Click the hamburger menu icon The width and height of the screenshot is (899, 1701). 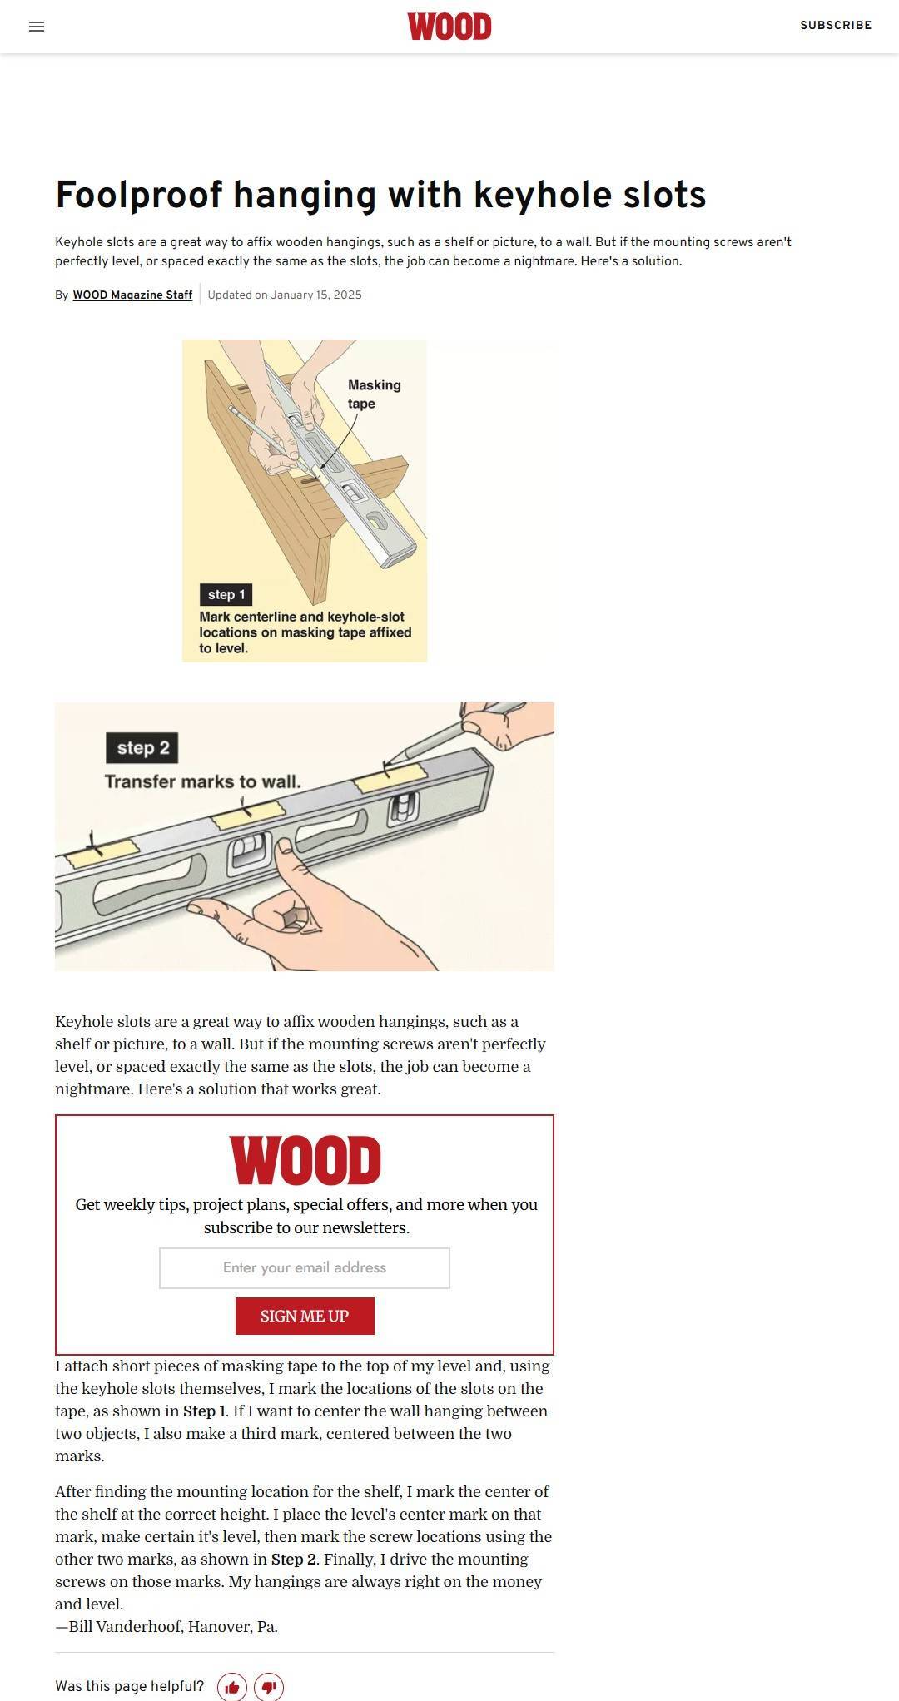[x=37, y=27]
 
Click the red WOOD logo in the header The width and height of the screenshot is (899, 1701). [x=449, y=27]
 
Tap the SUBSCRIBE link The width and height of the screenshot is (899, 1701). [x=836, y=26]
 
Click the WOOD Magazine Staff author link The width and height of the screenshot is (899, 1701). [x=132, y=295]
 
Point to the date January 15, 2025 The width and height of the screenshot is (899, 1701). [x=316, y=295]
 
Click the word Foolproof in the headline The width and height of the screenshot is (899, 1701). [x=139, y=195]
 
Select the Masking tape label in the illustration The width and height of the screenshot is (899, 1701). [x=374, y=394]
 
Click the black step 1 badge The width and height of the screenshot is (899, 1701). [x=226, y=594]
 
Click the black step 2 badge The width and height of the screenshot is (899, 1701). [x=142, y=748]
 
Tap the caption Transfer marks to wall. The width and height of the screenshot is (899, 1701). [x=202, y=782]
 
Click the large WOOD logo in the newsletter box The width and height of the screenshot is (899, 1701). [x=305, y=1160]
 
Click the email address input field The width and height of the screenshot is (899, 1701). [x=305, y=1267]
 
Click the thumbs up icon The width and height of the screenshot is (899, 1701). [x=232, y=1687]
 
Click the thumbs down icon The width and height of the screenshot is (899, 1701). [x=269, y=1687]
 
